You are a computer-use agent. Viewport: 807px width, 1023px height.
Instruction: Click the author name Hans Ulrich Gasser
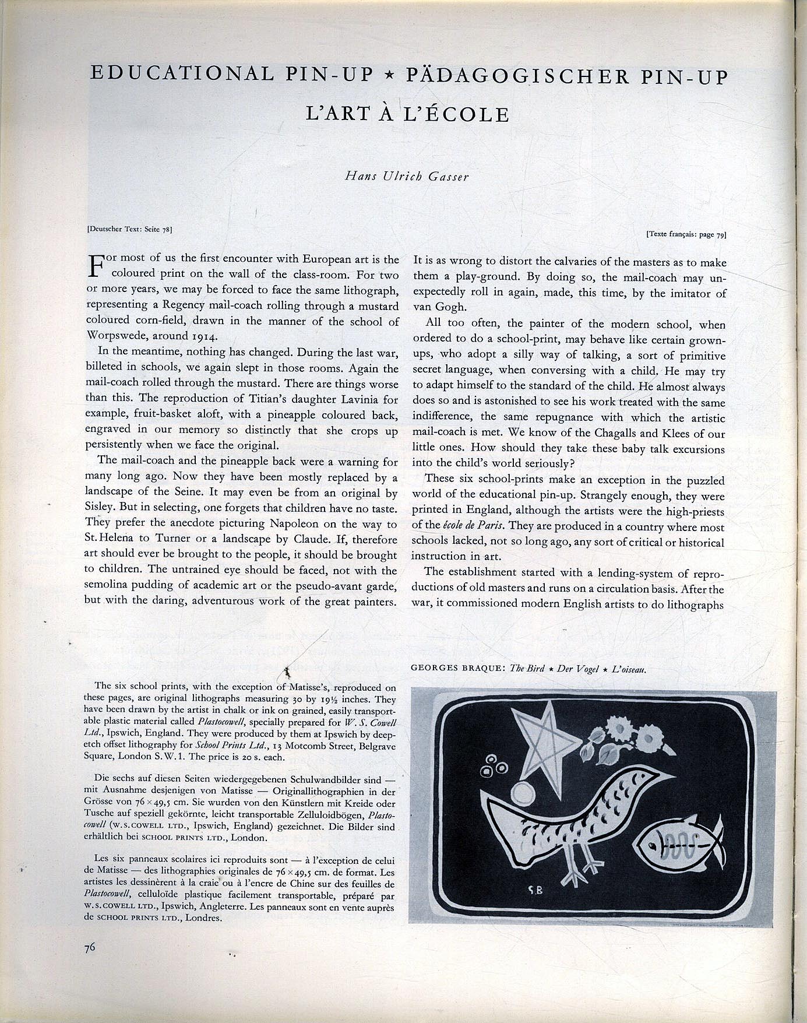(407, 175)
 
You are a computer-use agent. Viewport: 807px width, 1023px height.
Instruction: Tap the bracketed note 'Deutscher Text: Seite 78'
(129, 229)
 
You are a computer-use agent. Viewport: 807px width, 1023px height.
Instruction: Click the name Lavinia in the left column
(344, 399)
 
